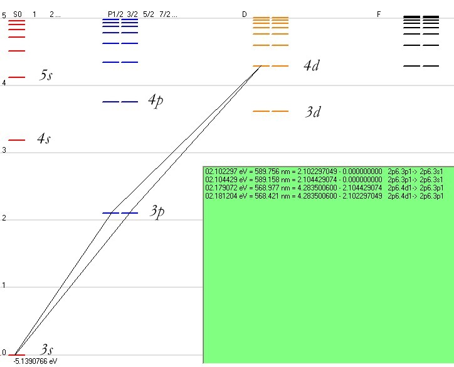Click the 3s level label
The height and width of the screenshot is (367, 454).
[x=47, y=349]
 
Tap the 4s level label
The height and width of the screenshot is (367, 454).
[x=43, y=139]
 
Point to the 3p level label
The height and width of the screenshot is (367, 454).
[x=157, y=211]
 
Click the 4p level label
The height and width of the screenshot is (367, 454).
[x=156, y=101]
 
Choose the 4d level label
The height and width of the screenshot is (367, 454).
[x=311, y=65]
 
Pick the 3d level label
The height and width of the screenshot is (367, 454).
[x=314, y=112]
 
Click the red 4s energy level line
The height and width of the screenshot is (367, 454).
[x=17, y=140]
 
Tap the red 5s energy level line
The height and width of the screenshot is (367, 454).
[x=17, y=77]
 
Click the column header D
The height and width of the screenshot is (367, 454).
[x=245, y=14]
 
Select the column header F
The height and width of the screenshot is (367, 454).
[x=379, y=14]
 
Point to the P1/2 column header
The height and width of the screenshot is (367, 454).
[x=115, y=14]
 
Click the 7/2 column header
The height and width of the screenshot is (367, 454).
[x=165, y=14]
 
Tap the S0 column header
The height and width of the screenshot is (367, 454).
[x=18, y=14]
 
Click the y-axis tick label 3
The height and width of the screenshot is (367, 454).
[x=5, y=151]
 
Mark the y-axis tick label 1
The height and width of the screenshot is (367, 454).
[x=5, y=286]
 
